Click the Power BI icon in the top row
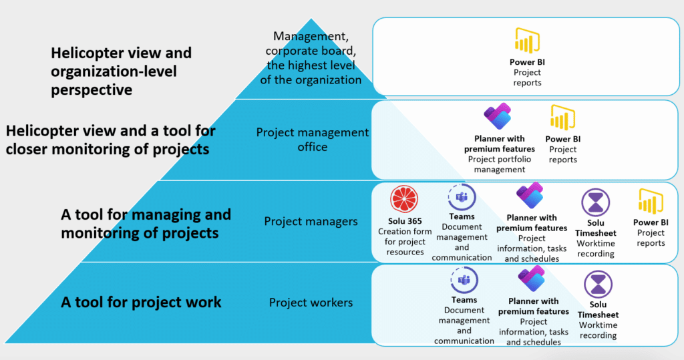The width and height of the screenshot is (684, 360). click(526, 41)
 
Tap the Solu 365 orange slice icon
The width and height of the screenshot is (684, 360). click(405, 200)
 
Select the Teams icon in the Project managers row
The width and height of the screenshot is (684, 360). click(461, 197)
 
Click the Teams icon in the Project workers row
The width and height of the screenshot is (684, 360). click(464, 281)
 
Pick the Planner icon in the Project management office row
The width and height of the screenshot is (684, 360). click(498, 118)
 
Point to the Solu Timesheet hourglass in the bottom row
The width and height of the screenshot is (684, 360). click(597, 285)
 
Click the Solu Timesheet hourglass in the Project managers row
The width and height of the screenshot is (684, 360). click(595, 202)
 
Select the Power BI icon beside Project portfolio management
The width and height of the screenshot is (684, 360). click(562, 118)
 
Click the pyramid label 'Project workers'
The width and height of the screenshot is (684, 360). click(311, 303)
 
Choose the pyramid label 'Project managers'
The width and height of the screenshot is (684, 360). click(311, 221)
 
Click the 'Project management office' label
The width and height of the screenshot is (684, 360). click(312, 140)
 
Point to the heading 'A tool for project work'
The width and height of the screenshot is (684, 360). click(141, 302)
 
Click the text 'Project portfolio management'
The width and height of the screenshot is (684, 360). click(500, 164)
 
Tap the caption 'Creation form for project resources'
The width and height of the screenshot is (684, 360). click(405, 242)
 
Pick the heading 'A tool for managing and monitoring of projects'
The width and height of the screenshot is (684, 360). click(146, 224)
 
